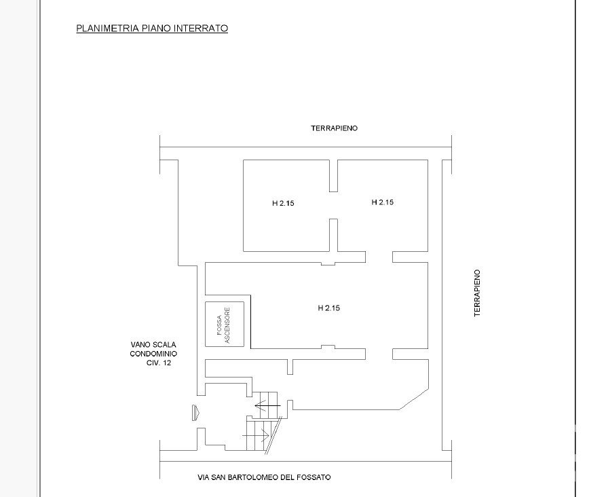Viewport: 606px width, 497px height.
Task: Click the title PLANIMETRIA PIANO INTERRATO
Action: [x=152, y=29]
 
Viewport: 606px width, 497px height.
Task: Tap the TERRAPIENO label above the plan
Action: [x=335, y=128]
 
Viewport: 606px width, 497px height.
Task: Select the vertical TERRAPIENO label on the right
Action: [x=477, y=293]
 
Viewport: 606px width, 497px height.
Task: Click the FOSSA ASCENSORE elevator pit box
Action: [x=225, y=324]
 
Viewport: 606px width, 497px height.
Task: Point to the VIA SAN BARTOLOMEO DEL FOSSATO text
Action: [x=264, y=477]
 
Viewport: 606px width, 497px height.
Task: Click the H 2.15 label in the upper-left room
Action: [x=283, y=203]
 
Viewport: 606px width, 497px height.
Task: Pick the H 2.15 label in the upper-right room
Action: [x=383, y=202]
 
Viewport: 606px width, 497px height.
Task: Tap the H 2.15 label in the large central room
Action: [x=329, y=308]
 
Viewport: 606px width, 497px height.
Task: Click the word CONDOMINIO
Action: [x=153, y=354]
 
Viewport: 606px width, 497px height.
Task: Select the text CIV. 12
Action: [x=159, y=363]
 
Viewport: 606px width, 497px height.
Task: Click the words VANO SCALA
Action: [x=153, y=344]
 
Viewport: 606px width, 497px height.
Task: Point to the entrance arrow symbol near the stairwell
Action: [x=195, y=412]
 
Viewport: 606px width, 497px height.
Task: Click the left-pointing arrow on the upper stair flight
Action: [x=267, y=405]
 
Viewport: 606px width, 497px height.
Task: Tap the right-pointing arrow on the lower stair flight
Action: [x=256, y=435]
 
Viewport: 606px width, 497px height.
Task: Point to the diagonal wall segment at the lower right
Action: [x=414, y=399]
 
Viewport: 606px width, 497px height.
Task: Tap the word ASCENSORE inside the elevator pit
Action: [x=227, y=325]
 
